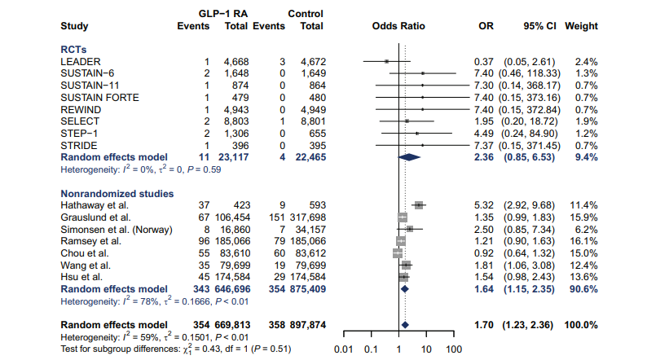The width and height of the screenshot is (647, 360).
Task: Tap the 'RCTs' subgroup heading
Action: (x=74, y=49)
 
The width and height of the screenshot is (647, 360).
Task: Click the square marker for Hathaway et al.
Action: (x=419, y=206)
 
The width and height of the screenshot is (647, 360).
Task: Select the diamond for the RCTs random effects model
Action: (x=409, y=156)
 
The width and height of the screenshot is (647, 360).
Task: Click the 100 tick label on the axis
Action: (x=454, y=349)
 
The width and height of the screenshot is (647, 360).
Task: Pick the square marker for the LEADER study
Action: (x=387, y=62)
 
